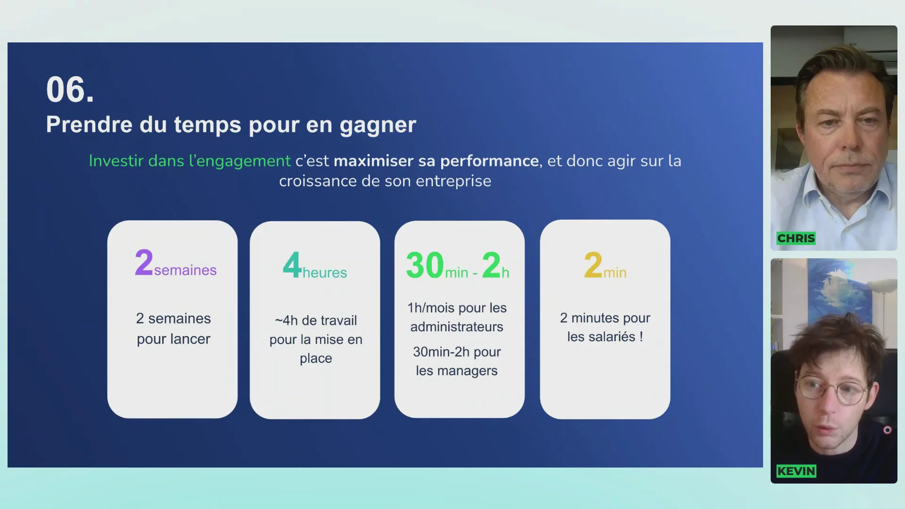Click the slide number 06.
(70, 90)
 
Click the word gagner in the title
(378, 125)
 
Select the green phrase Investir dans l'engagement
(190, 161)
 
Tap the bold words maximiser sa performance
(436, 161)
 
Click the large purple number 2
(144, 263)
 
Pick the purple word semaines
(185, 270)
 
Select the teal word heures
(325, 272)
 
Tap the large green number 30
(425, 265)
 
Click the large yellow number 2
(593, 265)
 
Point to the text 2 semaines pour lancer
(173, 328)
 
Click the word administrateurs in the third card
(457, 327)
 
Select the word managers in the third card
(468, 371)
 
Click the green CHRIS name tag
(796, 238)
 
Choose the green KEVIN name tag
(796, 471)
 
